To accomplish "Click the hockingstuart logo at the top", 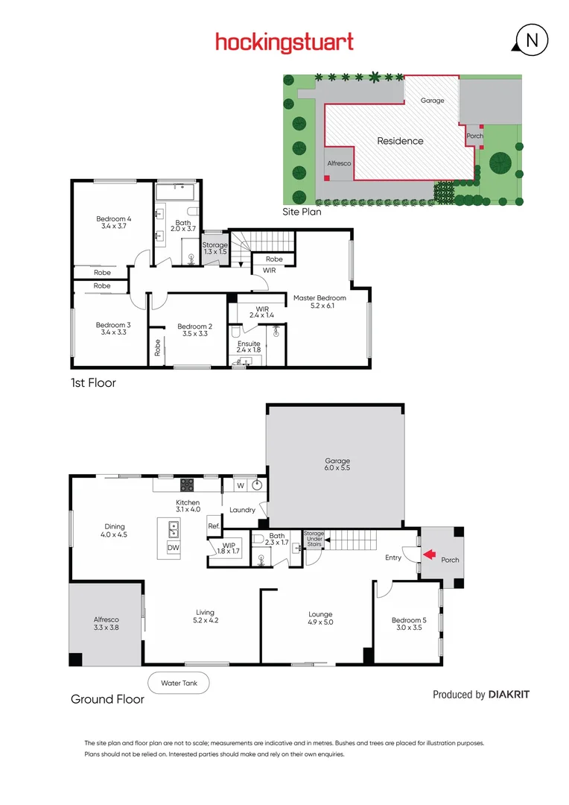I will (x=284, y=42).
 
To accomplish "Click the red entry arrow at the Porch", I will (x=428, y=555).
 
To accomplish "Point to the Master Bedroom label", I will (x=320, y=302).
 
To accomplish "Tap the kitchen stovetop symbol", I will (x=187, y=484).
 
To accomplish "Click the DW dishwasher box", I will (x=173, y=548).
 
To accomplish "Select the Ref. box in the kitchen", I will (x=214, y=525).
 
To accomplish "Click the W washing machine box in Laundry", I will (x=241, y=485).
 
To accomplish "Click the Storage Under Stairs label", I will (x=314, y=539).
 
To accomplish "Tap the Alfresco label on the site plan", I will (x=339, y=162).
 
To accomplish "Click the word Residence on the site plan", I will (x=400, y=141).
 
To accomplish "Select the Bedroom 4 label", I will (x=114, y=223).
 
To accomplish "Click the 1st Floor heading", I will (x=93, y=383).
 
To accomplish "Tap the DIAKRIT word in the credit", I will (x=509, y=695).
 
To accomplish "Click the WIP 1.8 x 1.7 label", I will (x=230, y=547).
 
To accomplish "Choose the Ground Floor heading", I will (x=107, y=699).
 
